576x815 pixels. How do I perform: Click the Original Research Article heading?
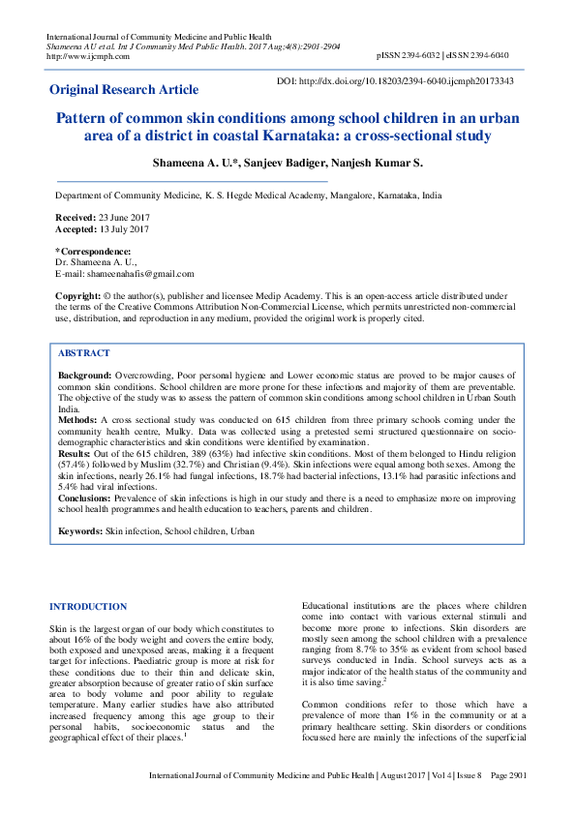point(124,90)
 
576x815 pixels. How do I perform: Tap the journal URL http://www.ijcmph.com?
point(81,56)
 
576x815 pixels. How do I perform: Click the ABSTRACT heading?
point(84,353)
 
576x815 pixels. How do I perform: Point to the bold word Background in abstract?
point(85,374)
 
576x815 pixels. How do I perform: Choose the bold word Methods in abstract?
point(78,420)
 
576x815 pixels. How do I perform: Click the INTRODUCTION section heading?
point(88,607)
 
